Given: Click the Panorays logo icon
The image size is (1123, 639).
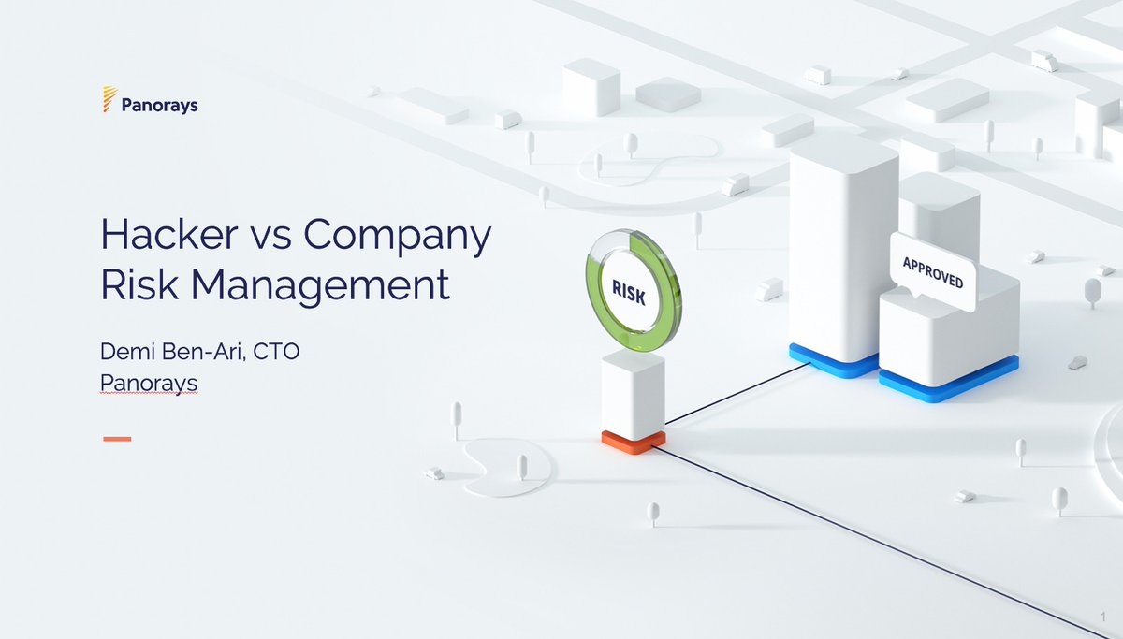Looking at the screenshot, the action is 109,99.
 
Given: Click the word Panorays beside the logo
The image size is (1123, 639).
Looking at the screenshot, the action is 159,106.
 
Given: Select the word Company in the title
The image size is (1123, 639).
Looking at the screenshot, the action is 397,237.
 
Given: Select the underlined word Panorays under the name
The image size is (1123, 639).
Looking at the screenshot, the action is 149,383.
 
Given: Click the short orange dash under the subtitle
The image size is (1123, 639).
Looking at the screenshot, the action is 117,438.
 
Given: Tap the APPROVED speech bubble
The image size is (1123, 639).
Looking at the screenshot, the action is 932,270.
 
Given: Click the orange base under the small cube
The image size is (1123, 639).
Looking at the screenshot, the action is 634,442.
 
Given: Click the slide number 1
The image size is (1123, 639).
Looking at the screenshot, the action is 1103,615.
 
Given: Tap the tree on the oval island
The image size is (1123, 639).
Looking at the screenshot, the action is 522,465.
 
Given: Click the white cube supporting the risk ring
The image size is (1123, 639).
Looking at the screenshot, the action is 633,394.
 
